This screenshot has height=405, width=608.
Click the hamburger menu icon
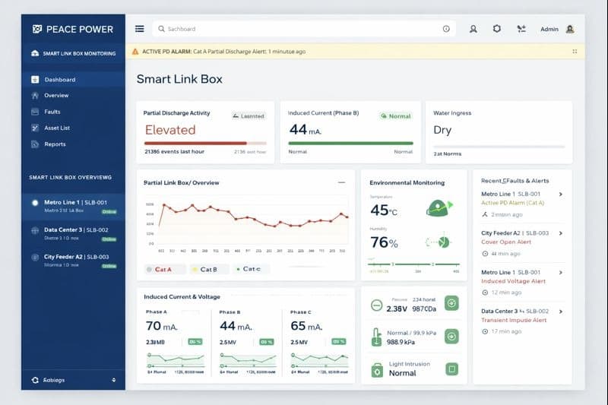[x=139, y=29]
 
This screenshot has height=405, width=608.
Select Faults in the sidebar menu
[x=52, y=112]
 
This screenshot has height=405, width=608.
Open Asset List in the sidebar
[x=57, y=128]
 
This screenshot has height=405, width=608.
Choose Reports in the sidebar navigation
[x=55, y=144]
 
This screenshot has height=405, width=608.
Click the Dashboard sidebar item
[x=59, y=80]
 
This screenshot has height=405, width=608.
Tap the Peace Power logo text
[x=79, y=29]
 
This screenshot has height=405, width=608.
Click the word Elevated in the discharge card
[x=170, y=130]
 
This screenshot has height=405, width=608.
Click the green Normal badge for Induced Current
[x=396, y=116]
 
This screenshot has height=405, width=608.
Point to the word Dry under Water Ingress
[x=442, y=130]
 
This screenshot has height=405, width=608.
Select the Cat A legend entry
[x=163, y=269]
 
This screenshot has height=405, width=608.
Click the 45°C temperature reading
[x=384, y=210]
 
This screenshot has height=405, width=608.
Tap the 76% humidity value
[x=384, y=243]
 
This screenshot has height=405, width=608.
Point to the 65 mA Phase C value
[x=309, y=326]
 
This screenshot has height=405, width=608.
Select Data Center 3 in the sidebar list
[x=75, y=229]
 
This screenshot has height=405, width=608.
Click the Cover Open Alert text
[x=506, y=242]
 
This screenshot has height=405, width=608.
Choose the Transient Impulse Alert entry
[x=514, y=320]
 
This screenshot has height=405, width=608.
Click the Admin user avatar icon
[x=570, y=29]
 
